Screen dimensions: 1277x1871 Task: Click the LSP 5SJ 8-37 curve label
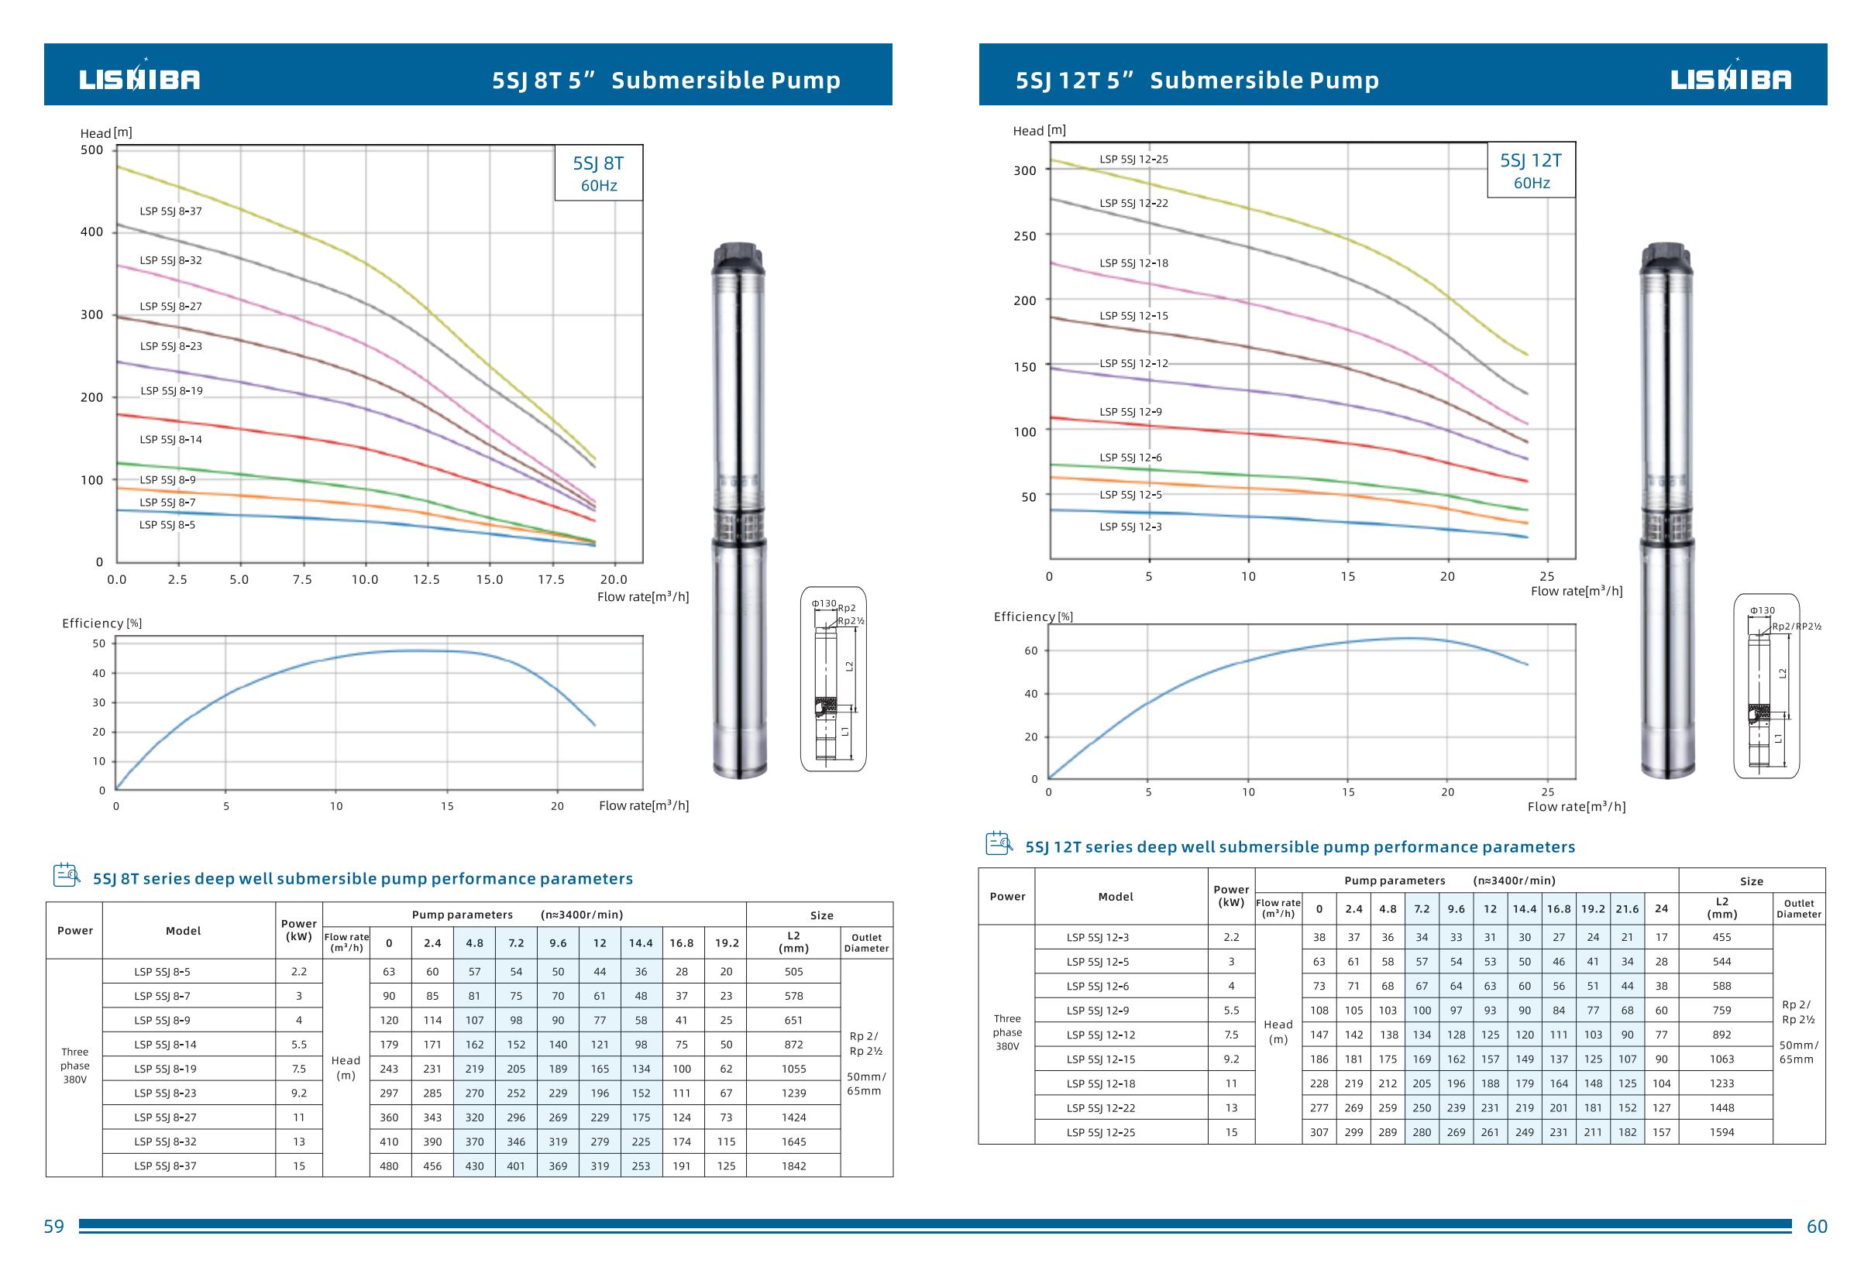click(x=170, y=211)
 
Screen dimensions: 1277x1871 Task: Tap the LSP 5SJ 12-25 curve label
click(x=1133, y=160)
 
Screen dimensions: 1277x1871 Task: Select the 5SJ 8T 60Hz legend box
click(x=598, y=173)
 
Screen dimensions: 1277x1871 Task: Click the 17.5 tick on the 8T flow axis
click(x=552, y=579)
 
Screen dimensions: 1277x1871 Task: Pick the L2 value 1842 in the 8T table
click(x=793, y=1166)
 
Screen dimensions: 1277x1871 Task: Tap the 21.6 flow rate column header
click(x=1627, y=909)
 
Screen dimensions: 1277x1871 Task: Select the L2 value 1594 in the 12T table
click(x=1722, y=1132)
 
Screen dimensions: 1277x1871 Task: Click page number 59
click(x=54, y=1227)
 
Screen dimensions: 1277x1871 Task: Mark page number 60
click(x=1817, y=1227)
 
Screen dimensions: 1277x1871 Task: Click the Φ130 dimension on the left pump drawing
click(x=824, y=603)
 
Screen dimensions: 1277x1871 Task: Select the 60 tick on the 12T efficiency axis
click(x=1030, y=651)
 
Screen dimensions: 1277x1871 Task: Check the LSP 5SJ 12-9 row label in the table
click(x=1097, y=1011)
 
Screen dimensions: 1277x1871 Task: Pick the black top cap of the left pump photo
click(x=738, y=258)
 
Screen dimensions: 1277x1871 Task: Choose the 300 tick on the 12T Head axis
click(x=1025, y=170)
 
